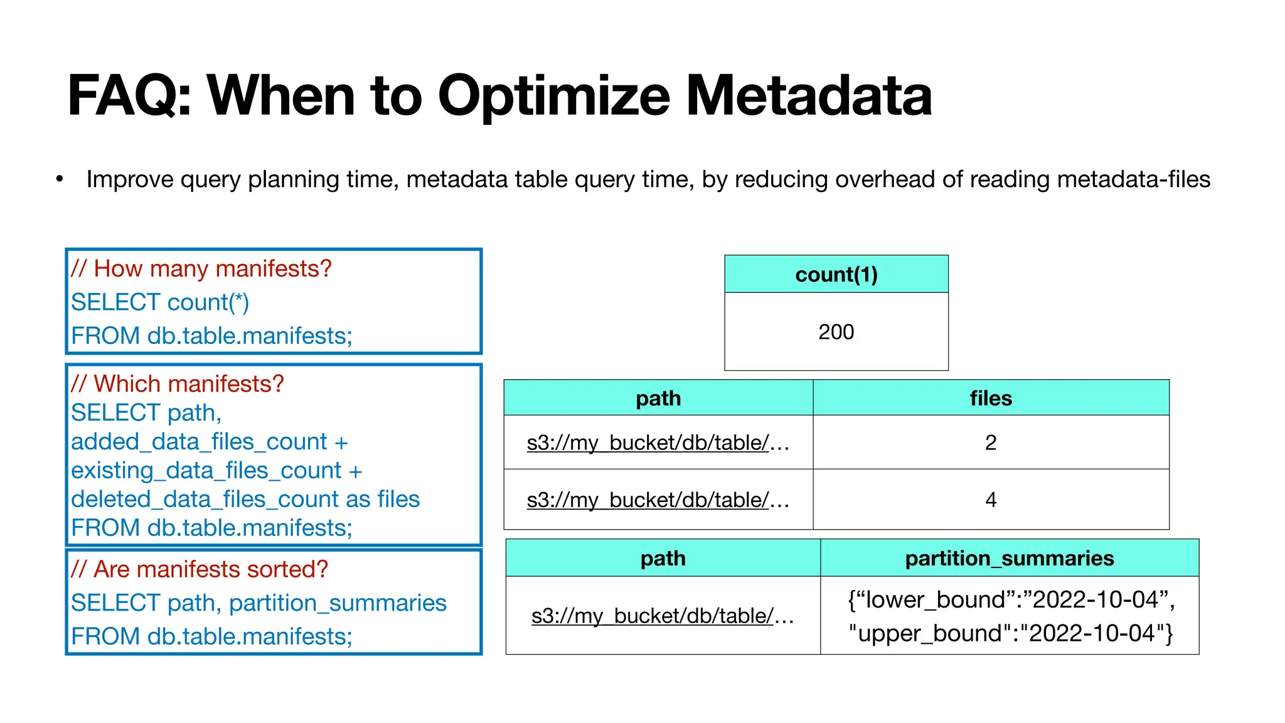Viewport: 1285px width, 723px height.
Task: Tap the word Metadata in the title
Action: click(x=809, y=96)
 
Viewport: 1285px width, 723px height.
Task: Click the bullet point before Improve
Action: click(x=60, y=179)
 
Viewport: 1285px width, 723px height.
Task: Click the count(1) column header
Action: click(x=836, y=274)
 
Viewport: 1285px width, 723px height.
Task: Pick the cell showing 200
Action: click(x=836, y=331)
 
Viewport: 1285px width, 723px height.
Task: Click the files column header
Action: click(x=990, y=398)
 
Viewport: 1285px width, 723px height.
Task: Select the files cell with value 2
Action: click(x=990, y=442)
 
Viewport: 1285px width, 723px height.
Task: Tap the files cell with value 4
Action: click(x=990, y=500)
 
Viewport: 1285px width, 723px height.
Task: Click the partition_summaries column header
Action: click(x=1009, y=558)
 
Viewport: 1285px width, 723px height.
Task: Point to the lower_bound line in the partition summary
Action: click(x=1010, y=600)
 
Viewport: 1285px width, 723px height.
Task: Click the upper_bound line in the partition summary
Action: click(x=1010, y=633)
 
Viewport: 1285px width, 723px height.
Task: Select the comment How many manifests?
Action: click(x=201, y=269)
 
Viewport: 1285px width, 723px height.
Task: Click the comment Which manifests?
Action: click(x=177, y=383)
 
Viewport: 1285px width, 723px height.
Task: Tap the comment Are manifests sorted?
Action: click(x=200, y=569)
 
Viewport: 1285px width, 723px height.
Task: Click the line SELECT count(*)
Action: click(x=160, y=303)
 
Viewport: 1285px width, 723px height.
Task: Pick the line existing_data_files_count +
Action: click(x=216, y=471)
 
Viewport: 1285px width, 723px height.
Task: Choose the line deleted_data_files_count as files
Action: click(x=245, y=500)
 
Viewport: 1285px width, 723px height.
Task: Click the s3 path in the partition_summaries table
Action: click(x=662, y=616)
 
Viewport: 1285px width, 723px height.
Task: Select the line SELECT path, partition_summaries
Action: click(x=259, y=603)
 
